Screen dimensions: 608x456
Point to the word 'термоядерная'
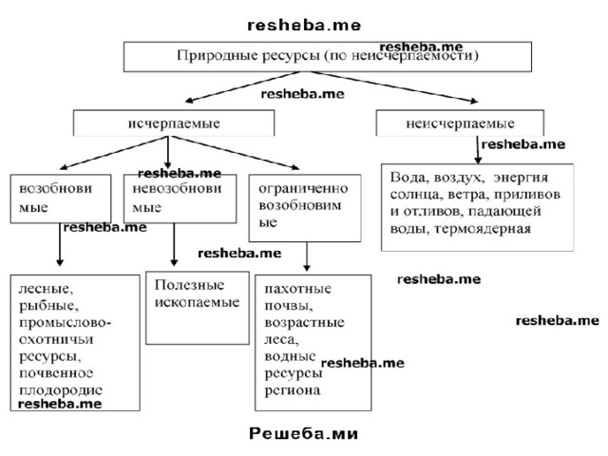point(483,229)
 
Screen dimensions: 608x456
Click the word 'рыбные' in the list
point(48,306)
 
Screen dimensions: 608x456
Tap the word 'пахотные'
point(297,289)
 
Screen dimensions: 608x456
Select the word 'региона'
point(293,390)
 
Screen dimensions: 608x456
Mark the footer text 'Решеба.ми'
point(303,433)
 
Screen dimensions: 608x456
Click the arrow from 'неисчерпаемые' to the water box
point(478,150)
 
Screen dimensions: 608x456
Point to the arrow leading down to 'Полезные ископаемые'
point(174,244)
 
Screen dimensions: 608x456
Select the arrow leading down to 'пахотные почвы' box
point(307,256)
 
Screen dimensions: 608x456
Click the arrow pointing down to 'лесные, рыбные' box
point(60,244)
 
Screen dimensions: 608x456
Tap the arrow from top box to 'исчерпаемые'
point(243,86)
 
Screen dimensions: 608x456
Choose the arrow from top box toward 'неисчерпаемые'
point(395,86)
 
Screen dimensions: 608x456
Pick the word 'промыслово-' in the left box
point(66,323)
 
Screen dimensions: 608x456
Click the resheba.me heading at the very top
point(304,26)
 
